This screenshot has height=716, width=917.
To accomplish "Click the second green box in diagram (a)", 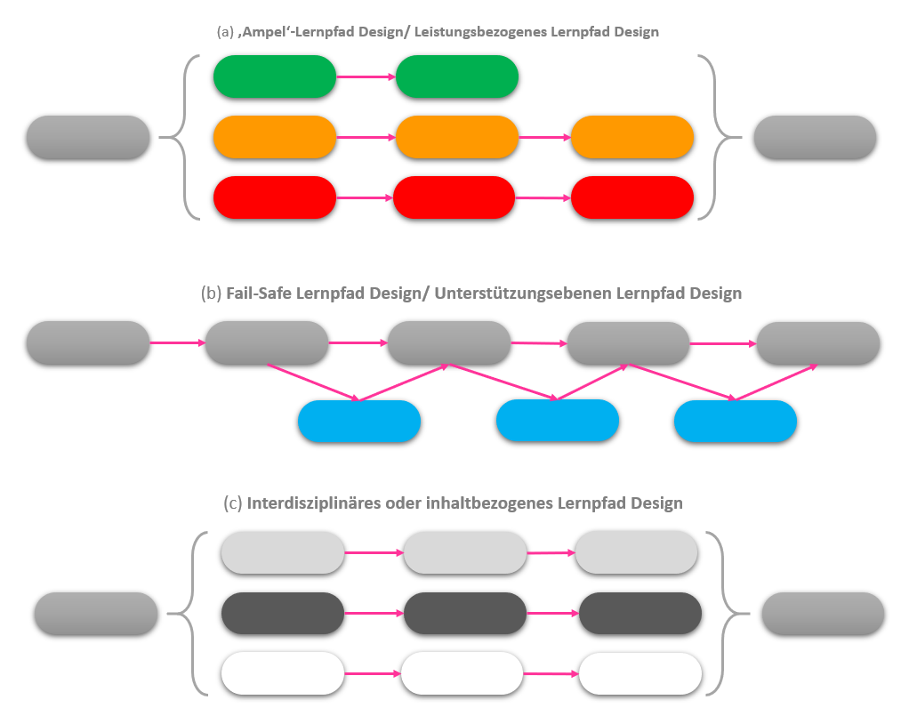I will tap(456, 76).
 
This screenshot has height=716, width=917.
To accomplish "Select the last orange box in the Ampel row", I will tap(631, 137).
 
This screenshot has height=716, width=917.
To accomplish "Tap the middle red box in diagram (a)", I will tap(454, 197).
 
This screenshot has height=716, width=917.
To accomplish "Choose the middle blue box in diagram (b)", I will tap(557, 421).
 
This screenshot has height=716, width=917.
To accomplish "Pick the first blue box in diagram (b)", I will tap(358, 422).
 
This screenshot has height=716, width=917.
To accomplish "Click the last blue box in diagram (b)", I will tap(735, 422).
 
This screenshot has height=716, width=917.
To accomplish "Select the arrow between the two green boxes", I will tap(366, 77).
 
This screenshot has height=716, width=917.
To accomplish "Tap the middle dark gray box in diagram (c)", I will tap(465, 614).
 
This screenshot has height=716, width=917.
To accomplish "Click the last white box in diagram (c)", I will tap(639, 674).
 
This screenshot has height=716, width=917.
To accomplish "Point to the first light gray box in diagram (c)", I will tap(282, 552).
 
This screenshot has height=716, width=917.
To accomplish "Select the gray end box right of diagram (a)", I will tap(815, 137).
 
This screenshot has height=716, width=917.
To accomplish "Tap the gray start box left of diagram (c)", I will tap(96, 614).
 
